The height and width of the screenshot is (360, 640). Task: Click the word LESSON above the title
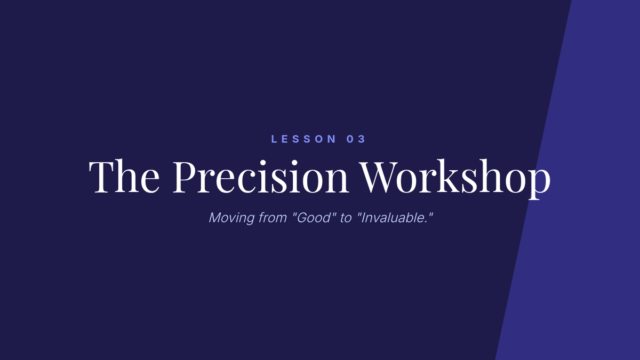coord(303,139)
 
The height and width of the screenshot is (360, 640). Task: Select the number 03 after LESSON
coord(356,139)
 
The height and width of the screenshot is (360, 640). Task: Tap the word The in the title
coord(124,176)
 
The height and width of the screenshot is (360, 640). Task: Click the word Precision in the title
coord(261,176)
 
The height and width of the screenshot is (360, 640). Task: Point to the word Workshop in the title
coord(455,179)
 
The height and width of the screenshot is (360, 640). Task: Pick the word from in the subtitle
coord(273,218)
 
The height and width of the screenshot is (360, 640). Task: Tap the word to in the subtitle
coord(346,218)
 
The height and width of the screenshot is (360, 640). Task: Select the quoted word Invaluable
coord(395,218)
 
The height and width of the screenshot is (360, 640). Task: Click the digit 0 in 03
coord(350,139)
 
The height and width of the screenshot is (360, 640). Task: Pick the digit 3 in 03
coord(362,139)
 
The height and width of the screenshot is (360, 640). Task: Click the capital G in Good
coord(302,218)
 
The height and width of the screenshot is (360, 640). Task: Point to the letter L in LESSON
coord(274,139)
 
